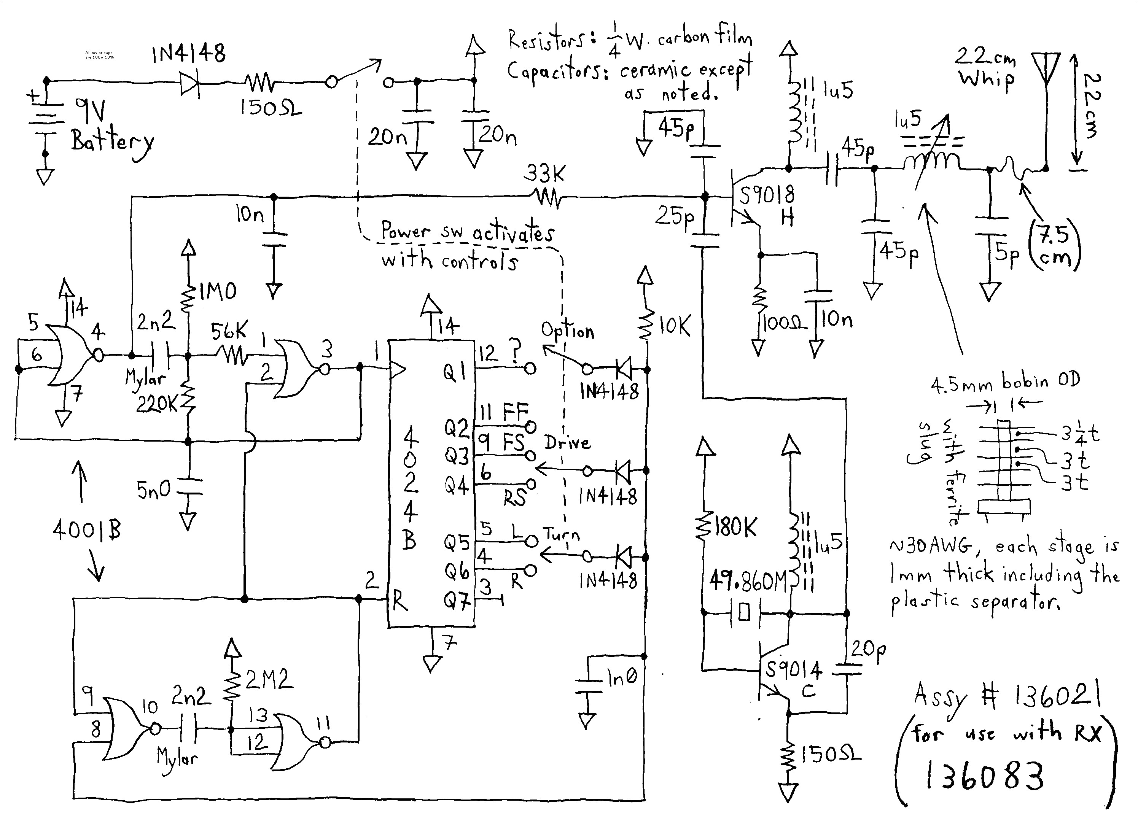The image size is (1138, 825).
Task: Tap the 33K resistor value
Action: coord(544,174)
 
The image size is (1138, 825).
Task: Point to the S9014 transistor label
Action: coord(793,670)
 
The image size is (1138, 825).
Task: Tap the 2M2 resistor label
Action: coord(269,680)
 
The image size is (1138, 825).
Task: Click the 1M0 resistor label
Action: coord(217,291)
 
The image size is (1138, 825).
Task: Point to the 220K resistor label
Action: coord(157,404)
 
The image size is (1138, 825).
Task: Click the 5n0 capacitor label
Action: coord(154,489)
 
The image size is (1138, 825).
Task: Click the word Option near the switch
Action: coord(567,331)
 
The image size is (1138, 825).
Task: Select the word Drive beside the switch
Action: coord(567,442)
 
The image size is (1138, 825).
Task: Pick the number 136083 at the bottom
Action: coord(984,775)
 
